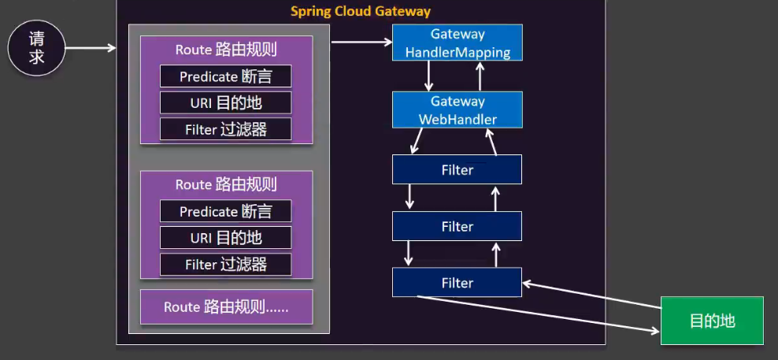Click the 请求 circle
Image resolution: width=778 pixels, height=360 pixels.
pos(37,47)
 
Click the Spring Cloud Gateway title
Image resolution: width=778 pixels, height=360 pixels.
pos(361,11)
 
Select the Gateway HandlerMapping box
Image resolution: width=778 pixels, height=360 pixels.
pos(458,43)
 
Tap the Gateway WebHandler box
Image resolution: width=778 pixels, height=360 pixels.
pos(458,110)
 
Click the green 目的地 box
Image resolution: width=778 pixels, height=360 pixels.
pos(712,321)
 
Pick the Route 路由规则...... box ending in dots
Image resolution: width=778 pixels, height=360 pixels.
pos(226,307)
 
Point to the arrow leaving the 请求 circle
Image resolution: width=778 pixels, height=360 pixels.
pos(91,48)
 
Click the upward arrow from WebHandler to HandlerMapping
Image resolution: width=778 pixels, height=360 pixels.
pos(478,76)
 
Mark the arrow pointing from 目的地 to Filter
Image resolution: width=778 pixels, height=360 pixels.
pos(591,295)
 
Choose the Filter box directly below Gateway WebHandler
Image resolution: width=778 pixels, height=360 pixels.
pos(457,169)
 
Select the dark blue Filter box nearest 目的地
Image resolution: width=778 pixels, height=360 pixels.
pos(457,283)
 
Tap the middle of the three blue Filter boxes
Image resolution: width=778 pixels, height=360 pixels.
pos(457,227)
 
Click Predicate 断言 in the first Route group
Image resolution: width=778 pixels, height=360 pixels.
pos(225,76)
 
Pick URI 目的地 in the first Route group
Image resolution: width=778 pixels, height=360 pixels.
pos(225,102)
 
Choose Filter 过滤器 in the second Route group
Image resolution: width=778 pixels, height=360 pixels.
pos(225,265)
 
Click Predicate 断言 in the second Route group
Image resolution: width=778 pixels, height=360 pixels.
pos(225,211)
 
